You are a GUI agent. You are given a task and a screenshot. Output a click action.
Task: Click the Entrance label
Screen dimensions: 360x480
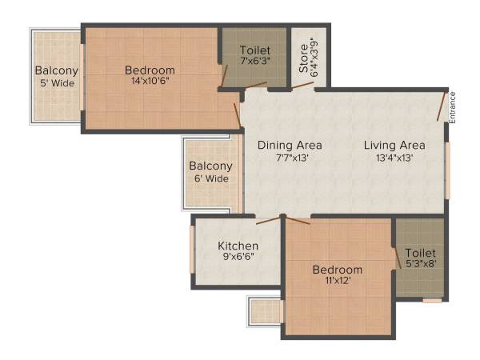click(x=452, y=107)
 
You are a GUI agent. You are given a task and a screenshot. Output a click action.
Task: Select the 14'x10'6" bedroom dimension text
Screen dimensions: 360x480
click(x=150, y=80)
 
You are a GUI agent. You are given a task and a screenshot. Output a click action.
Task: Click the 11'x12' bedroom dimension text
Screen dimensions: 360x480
click(x=337, y=282)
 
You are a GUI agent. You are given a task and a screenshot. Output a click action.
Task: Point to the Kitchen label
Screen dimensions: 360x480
click(x=238, y=246)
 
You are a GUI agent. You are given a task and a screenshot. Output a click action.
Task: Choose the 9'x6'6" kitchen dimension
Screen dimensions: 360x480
click(x=238, y=258)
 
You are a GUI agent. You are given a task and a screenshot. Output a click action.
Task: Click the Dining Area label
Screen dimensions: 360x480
click(x=290, y=145)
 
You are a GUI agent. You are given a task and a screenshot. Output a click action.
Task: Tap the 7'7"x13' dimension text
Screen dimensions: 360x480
click(x=289, y=158)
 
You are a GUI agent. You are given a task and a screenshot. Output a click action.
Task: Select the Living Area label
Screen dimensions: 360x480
click(x=394, y=145)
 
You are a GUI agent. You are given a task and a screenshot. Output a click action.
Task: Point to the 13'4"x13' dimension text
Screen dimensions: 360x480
click(x=394, y=158)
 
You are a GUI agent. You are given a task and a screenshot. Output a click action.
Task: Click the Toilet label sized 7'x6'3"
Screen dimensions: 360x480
click(x=254, y=50)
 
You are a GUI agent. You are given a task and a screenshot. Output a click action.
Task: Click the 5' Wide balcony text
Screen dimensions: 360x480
click(x=56, y=82)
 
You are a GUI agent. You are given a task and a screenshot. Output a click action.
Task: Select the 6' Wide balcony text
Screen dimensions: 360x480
click(x=210, y=178)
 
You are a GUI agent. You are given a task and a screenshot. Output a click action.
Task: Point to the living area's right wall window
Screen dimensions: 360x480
click(x=447, y=170)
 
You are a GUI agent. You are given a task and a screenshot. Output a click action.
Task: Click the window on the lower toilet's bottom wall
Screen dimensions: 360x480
click(x=432, y=301)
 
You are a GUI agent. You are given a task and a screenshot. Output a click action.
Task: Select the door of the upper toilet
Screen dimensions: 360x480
click(x=229, y=74)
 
